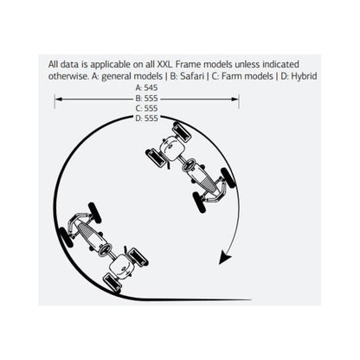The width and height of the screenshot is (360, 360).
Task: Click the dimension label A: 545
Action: [147, 87]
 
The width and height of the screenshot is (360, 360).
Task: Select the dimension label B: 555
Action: [147, 99]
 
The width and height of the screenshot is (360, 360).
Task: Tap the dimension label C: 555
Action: [147, 108]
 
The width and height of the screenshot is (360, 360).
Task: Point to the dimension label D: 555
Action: [147, 119]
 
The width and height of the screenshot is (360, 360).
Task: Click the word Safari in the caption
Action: [192, 76]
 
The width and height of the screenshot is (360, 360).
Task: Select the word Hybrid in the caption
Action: [304, 76]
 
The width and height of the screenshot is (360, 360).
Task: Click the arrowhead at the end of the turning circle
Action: [225, 258]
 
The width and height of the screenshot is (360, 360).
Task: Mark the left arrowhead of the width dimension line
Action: [58, 100]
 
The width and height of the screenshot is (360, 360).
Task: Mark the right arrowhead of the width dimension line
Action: [235, 100]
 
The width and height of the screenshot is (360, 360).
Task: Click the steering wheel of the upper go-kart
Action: [189, 165]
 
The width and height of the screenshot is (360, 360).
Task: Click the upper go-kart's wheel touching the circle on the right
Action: [228, 177]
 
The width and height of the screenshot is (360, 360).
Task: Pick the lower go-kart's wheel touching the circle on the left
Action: [66, 237]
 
